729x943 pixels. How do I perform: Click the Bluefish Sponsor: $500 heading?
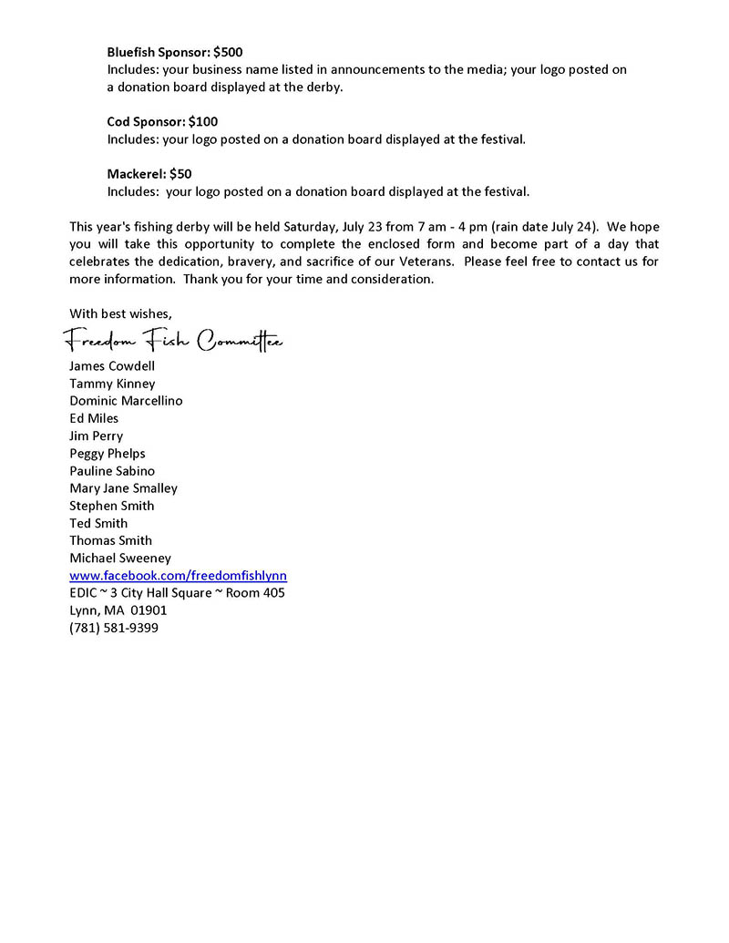[175, 52]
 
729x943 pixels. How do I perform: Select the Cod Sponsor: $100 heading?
[162, 121]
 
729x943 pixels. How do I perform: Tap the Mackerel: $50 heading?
[149, 173]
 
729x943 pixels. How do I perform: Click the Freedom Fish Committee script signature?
[173, 342]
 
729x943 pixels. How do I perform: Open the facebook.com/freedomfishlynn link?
[179, 576]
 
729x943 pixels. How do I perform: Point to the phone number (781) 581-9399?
[114, 628]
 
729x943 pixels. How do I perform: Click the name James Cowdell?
[112, 366]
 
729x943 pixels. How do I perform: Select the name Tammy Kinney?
[112, 384]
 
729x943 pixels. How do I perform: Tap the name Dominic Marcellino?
[126, 401]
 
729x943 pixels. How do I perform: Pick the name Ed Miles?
[94, 418]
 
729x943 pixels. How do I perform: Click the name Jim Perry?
[96, 436]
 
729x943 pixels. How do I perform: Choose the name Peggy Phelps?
[108, 453]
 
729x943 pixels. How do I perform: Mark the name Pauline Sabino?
[112, 471]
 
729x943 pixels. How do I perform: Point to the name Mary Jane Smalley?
[124, 488]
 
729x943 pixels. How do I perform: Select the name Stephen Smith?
[112, 506]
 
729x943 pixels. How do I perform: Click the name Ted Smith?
[98, 523]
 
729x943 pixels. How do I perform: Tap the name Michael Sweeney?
[120, 558]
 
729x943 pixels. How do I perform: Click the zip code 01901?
[149, 610]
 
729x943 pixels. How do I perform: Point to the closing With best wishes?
[120, 313]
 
